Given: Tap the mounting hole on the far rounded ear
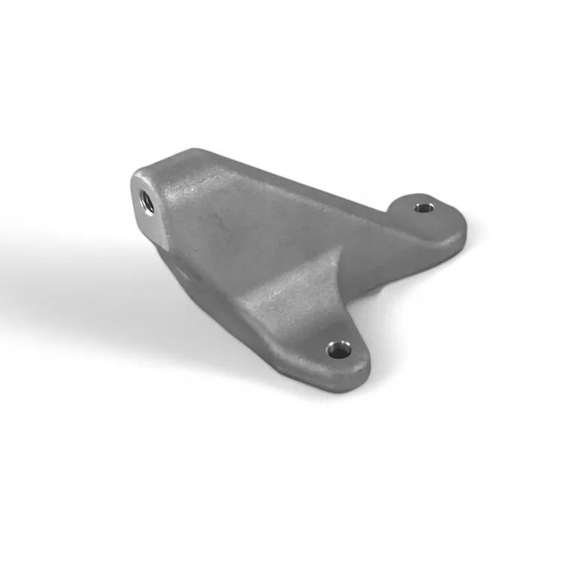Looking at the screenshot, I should [x=424, y=205].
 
